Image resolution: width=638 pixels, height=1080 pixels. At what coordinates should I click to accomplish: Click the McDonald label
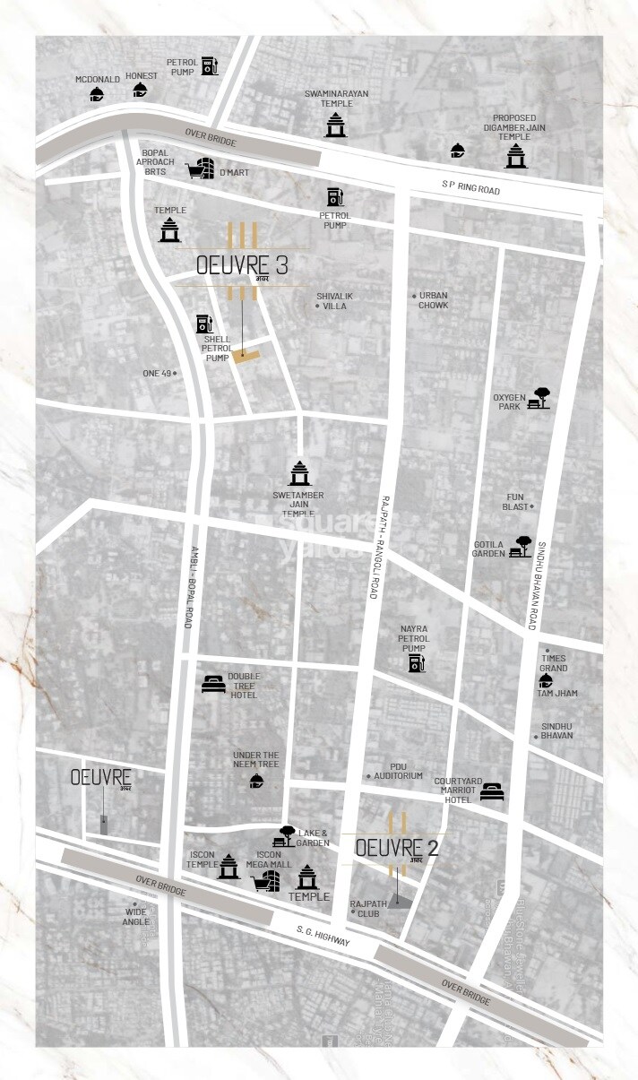click(98, 79)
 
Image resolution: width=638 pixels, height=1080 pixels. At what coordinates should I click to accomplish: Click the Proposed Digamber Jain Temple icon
click(514, 154)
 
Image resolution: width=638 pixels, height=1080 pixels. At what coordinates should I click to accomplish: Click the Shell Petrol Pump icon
click(204, 324)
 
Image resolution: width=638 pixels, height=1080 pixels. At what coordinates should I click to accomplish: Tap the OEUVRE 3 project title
click(241, 267)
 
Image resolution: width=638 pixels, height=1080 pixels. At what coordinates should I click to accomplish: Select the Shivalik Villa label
click(331, 301)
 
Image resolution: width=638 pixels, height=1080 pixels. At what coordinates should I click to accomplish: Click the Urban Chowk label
click(433, 300)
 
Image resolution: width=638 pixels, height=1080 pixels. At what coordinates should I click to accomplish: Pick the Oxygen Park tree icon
click(539, 398)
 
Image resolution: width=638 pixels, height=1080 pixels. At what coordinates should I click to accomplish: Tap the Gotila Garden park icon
click(521, 546)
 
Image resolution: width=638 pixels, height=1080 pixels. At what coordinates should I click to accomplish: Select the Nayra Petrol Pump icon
click(416, 663)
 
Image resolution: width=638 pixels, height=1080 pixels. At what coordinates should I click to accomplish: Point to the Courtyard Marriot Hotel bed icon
click(491, 791)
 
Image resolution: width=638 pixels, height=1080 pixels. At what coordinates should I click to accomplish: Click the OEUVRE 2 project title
click(396, 848)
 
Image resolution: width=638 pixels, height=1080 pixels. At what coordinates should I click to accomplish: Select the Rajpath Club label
click(368, 908)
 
